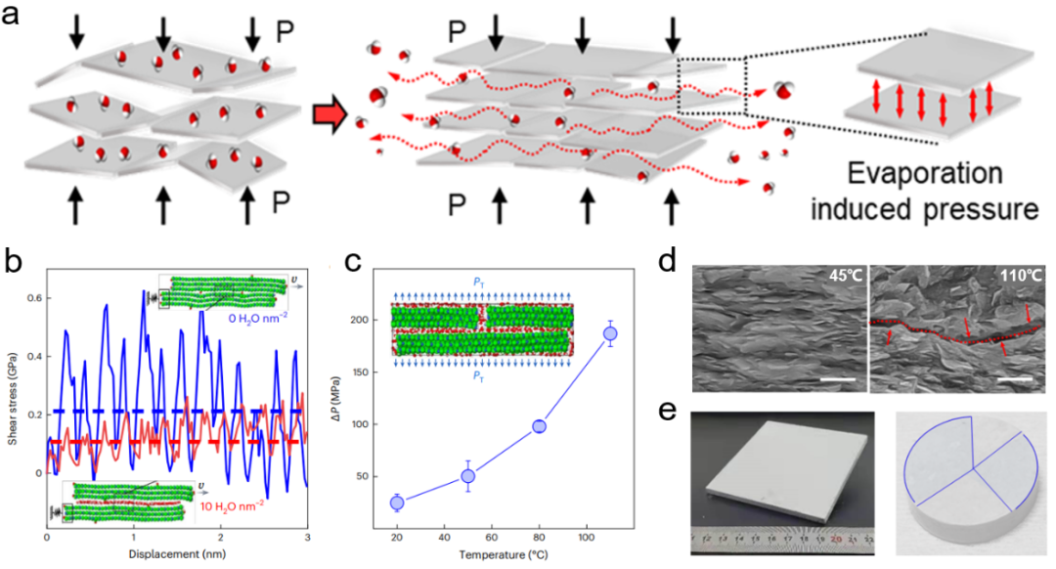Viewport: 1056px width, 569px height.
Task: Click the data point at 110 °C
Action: (x=610, y=333)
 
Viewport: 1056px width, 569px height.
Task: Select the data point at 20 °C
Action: (x=397, y=503)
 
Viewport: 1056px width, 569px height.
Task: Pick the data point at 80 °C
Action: (x=539, y=425)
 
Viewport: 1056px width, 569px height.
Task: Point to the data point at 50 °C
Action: (x=467, y=476)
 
